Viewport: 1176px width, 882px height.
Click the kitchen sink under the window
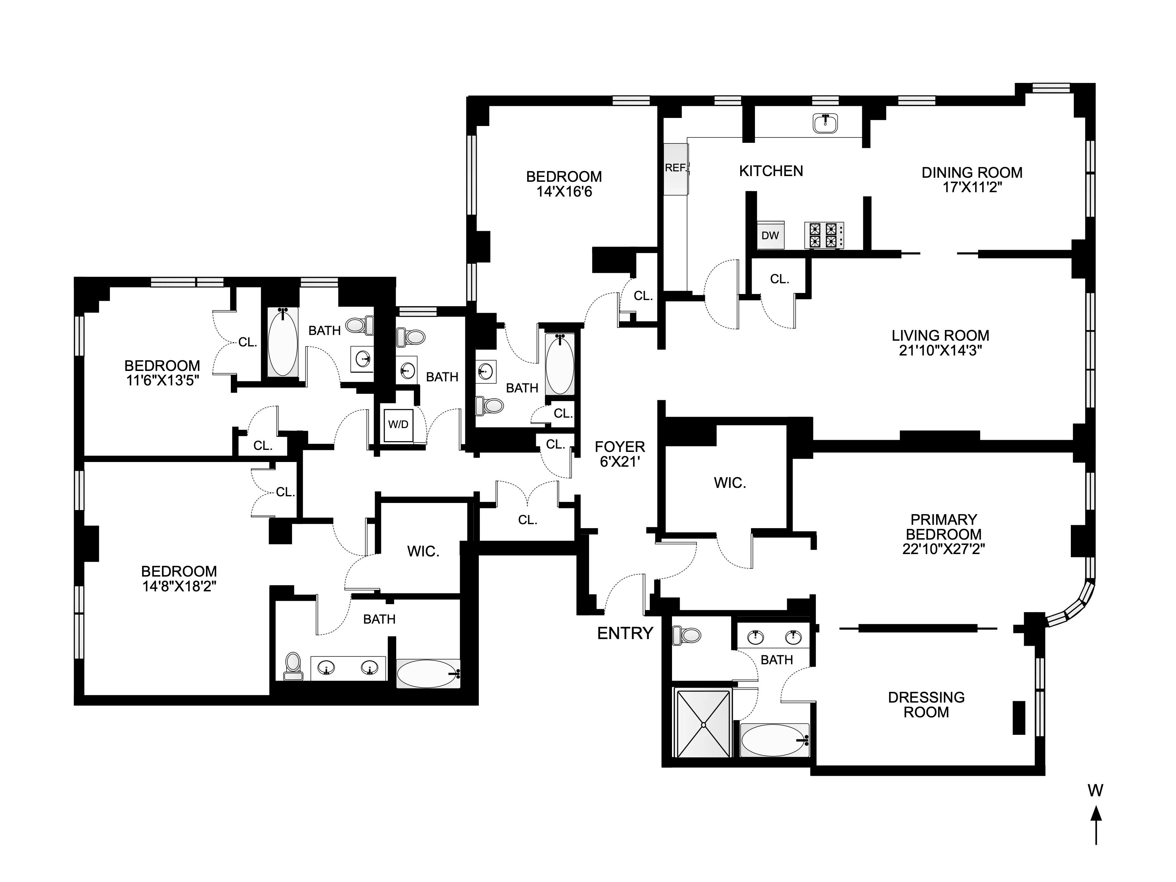[825, 123]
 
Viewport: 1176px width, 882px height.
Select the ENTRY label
[625, 633]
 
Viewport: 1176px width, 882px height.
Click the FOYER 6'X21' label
[619, 454]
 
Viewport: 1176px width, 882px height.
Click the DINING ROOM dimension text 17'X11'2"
[972, 187]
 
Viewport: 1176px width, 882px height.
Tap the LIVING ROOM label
[940, 335]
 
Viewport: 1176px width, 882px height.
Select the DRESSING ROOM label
[926, 705]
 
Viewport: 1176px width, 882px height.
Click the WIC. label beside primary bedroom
[729, 483]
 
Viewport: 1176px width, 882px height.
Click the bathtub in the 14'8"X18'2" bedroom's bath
[428, 674]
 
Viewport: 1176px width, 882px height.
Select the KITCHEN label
[771, 171]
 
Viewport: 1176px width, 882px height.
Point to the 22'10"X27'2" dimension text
[943, 549]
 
